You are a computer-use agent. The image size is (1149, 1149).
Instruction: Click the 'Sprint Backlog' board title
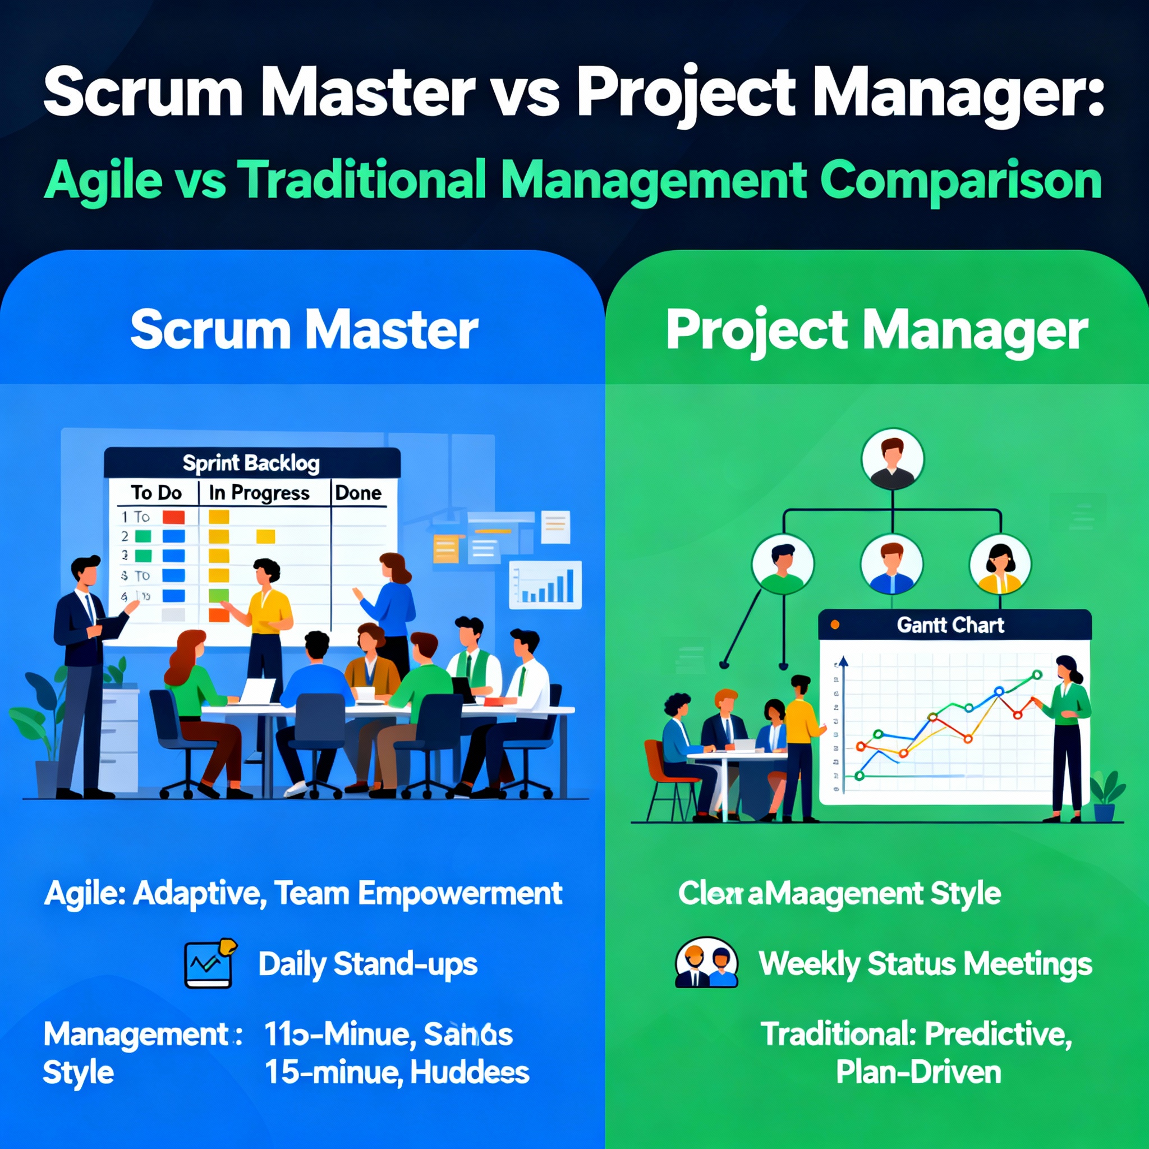(x=250, y=463)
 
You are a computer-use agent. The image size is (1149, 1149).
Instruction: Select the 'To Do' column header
(x=156, y=493)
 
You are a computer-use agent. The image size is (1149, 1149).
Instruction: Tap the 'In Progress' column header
(x=259, y=493)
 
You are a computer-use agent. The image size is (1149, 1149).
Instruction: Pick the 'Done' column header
(x=357, y=493)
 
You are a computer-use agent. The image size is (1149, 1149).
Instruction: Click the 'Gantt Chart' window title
(x=950, y=625)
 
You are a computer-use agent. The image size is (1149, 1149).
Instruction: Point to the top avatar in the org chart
(x=892, y=458)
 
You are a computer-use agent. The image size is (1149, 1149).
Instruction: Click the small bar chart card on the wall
(x=545, y=585)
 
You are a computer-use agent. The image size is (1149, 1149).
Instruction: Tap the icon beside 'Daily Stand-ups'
(x=210, y=964)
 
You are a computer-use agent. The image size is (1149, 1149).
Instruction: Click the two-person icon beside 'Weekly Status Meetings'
(x=706, y=964)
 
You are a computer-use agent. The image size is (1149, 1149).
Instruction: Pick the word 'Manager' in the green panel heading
(x=975, y=331)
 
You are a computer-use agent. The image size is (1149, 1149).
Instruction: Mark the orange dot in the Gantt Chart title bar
(x=834, y=625)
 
